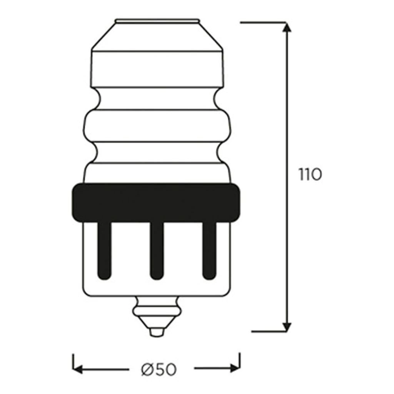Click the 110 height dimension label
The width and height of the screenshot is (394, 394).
pyautogui.click(x=310, y=174)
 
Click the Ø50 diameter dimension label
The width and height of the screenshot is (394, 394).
pyautogui.click(x=159, y=369)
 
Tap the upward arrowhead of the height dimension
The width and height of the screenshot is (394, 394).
pyautogui.click(x=287, y=27)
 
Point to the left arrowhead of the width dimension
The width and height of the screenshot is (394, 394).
pyautogui.click(x=77, y=369)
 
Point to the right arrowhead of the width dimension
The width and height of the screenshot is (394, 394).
pyautogui.click(x=235, y=369)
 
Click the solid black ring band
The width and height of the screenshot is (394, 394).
pyautogui.click(x=156, y=203)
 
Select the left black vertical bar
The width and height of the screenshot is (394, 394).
pyautogui.click(x=104, y=250)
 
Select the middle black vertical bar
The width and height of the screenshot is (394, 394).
pyautogui.click(x=157, y=250)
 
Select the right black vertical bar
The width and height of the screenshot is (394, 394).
pyautogui.click(x=209, y=250)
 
